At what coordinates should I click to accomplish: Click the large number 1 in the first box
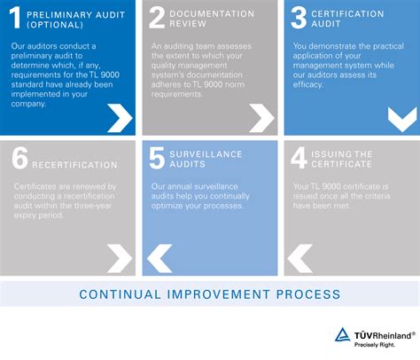coord(16,20)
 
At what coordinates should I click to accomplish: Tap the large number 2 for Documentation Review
coord(157,20)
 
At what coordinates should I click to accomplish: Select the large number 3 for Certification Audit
coord(298,20)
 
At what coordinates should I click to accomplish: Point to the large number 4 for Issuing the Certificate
coord(298,159)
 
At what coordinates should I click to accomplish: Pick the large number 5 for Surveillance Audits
coord(157,159)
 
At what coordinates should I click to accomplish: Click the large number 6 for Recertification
coord(19,159)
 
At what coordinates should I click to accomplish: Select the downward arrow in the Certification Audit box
coord(401,117)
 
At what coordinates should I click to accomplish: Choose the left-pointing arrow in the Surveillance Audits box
coord(159,257)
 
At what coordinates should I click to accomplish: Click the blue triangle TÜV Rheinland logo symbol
coord(342,334)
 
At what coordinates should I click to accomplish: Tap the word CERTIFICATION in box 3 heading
coord(346,14)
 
